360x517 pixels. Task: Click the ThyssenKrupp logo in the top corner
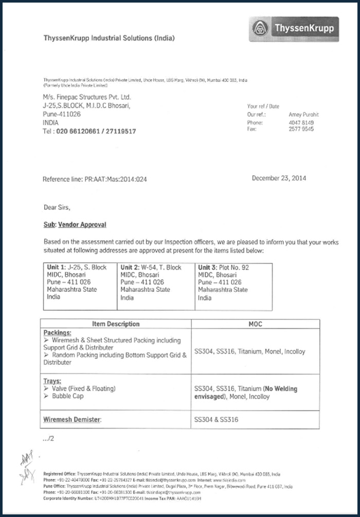(x=294, y=29)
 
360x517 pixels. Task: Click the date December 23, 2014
(x=279, y=178)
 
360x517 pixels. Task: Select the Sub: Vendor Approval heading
(x=75, y=225)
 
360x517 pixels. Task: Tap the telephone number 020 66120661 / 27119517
(x=89, y=132)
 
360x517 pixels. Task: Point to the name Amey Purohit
(x=304, y=115)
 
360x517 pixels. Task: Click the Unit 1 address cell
(x=80, y=286)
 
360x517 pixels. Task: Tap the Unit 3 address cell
(x=233, y=286)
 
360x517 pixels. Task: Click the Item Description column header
(x=116, y=324)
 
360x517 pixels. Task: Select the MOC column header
(x=255, y=324)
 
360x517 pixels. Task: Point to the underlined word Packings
(x=57, y=333)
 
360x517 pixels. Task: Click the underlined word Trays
(x=52, y=381)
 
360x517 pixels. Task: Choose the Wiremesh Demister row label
(x=72, y=420)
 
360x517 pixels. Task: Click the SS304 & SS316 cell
(x=216, y=420)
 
